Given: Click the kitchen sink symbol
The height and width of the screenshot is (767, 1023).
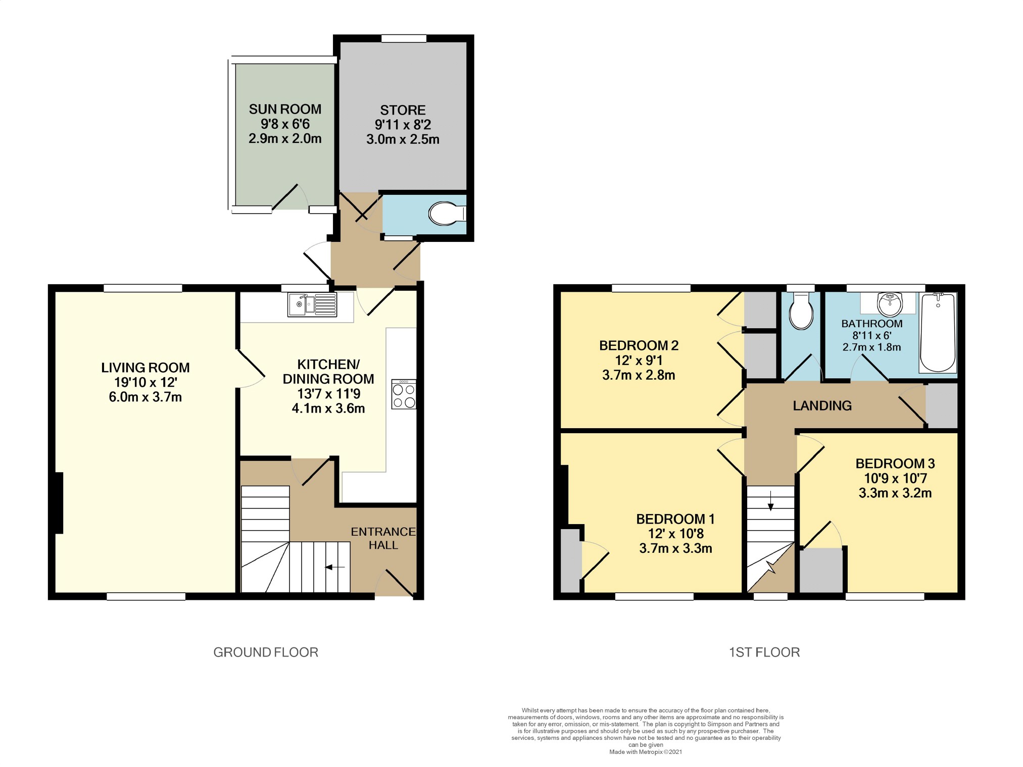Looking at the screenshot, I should [x=312, y=304].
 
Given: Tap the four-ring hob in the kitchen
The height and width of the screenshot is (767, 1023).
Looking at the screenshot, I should [x=403, y=394].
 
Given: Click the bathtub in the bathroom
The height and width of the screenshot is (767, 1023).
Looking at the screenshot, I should [x=938, y=333].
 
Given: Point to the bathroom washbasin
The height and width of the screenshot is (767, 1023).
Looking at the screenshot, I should [x=890, y=304].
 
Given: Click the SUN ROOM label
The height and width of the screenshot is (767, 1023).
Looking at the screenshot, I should [x=285, y=109].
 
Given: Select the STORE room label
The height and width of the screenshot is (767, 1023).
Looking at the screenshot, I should [x=403, y=110].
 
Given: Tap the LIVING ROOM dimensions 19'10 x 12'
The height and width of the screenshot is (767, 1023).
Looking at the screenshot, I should [x=145, y=382].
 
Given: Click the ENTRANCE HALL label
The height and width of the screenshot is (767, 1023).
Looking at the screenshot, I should [x=383, y=538].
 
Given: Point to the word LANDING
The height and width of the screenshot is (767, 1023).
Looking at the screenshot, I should [x=822, y=405].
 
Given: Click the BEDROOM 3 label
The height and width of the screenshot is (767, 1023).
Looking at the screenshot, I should [x=895, y=464].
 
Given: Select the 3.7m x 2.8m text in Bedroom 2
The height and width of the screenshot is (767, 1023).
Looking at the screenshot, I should [x=639, y=375].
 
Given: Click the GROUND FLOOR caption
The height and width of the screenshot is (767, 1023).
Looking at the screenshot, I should [x=266, y=652].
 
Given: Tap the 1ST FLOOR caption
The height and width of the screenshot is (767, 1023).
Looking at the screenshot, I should [x=764, y=652].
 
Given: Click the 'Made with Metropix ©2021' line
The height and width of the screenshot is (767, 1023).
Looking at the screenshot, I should [x=645, y=752].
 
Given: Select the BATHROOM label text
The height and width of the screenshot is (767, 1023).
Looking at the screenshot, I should [x=871, y=324].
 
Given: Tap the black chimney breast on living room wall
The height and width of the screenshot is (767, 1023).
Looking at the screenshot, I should [x=58, y=503].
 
